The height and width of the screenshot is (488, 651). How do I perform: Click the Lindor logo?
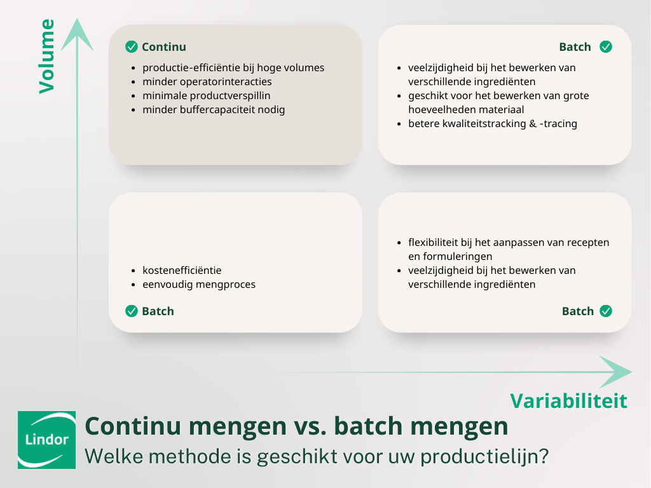click(x=46, y=440)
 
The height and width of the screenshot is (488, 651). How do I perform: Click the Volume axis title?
click(x=47, y=57)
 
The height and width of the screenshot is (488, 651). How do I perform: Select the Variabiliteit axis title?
click(x=568, y=400)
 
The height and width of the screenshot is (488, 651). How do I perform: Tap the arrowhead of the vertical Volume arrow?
click(x=77, y=34)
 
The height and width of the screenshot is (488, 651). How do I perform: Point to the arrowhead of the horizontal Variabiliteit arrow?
click(x=615, y=372)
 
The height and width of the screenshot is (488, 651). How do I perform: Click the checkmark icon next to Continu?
click(x=132, y=46)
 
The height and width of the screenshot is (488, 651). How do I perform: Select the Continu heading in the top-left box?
click(x=163, y=47)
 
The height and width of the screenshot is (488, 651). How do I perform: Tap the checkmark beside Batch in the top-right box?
click(x=606, y=46)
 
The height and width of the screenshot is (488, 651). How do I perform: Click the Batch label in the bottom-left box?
click(x=158, y=311)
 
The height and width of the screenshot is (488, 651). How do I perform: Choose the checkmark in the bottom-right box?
click(x=606, y=311)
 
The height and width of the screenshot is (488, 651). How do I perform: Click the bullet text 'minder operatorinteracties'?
click(x=207, y=81)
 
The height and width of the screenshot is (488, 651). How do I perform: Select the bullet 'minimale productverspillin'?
click(x=206, y=95)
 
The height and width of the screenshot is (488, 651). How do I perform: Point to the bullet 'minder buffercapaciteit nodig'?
click(x=214, y=109)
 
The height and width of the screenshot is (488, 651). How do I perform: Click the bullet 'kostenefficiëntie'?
click(x=182, y=270)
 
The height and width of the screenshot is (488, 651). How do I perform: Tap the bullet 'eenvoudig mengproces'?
click(x=198, y=284)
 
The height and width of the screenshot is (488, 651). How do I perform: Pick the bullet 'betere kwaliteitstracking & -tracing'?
click(x=492, y=123)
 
